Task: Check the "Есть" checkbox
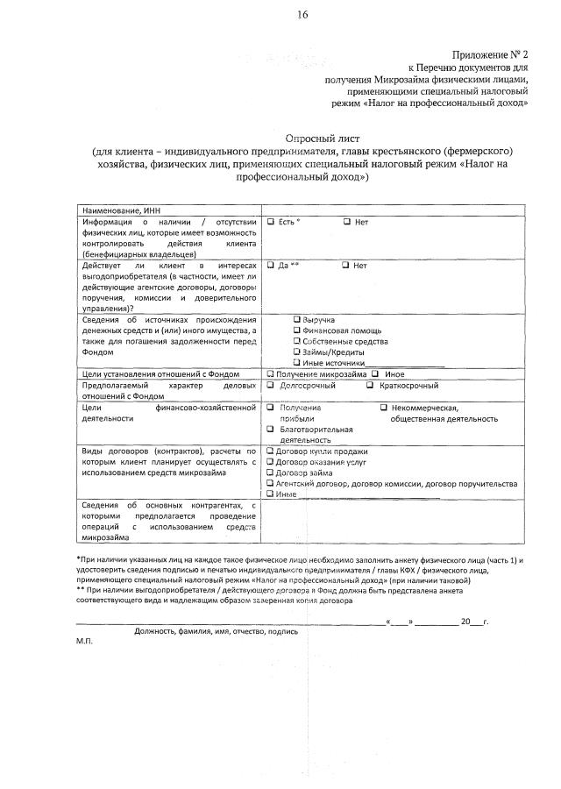coord(272,223)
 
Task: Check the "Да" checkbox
coord(272,265)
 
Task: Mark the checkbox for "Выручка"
coord(297,320)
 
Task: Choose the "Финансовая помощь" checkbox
coord(297,331)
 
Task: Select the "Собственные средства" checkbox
coord(297,341)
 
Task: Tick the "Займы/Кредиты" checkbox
coord(297,352)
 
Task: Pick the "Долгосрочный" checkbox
coord(271,385)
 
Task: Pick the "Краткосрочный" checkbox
coord(371,385)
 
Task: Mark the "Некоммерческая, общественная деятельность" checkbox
coord(384,408)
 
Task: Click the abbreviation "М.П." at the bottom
coord(84,641)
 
